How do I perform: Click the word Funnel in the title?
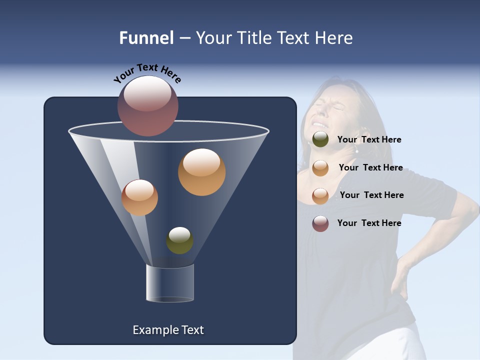pos(146,37)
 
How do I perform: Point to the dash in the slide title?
pos(184,38)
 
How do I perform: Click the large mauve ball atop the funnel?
pos(148,105)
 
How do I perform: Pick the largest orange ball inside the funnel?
pos(201,172)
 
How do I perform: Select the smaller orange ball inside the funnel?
pos(139,197)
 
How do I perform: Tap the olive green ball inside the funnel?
pos(179,240)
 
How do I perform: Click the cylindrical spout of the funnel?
pos(170,283)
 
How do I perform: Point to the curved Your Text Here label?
pos(147,74)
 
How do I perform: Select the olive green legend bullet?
pos(320,139)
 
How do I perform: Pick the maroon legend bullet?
pos(320,223)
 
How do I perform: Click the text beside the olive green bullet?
pos(369,139)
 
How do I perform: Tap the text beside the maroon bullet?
pos(369,223)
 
